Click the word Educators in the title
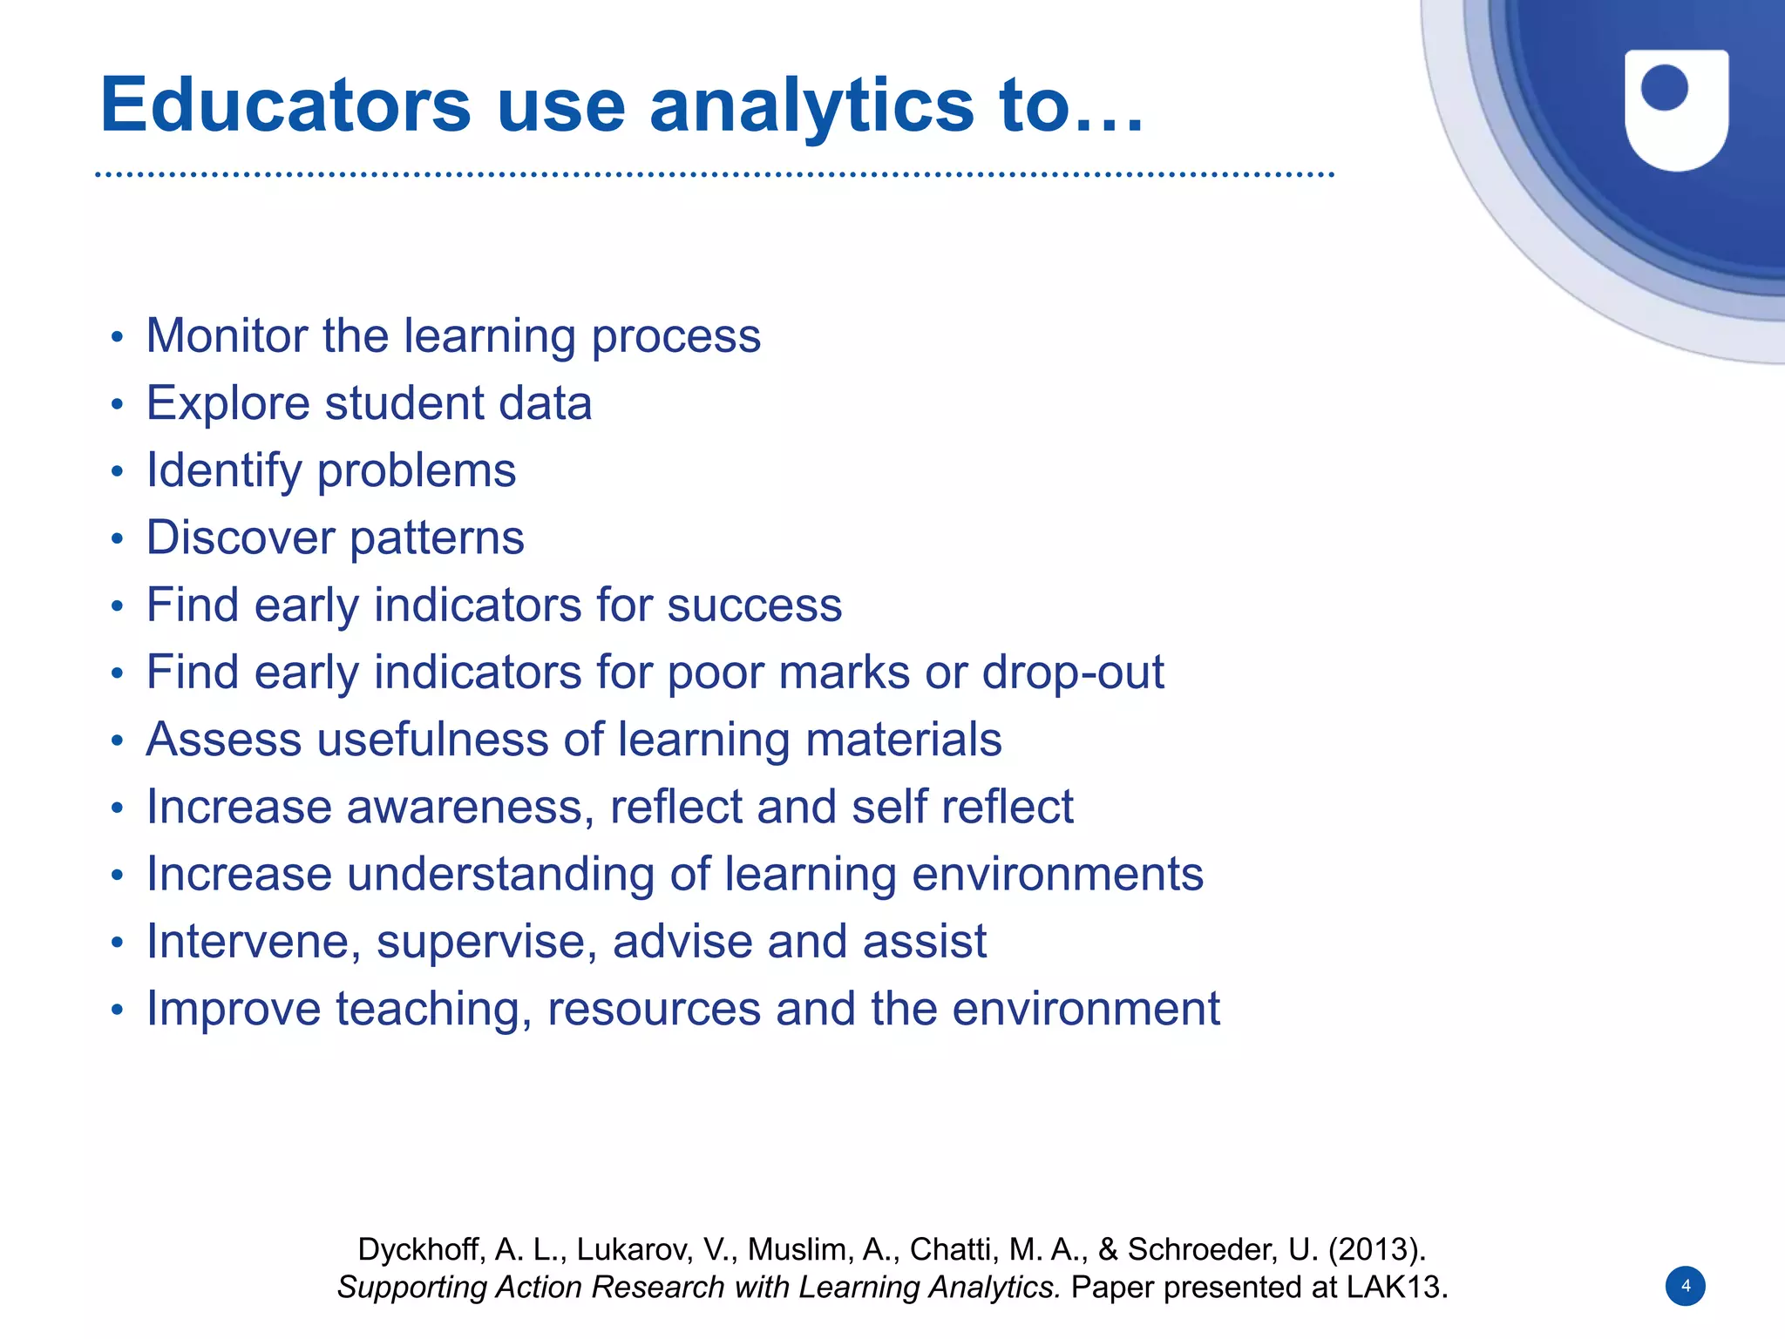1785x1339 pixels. pos(285,105)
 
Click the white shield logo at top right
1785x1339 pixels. pos(1676,109)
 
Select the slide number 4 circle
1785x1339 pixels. pos(1685,1286)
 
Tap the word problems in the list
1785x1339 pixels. pos(416,471)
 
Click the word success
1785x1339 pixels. pos(754,605)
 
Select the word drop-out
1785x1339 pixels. pos(1072,673)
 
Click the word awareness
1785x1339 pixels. pos(471,807)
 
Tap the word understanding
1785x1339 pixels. pos(500,875)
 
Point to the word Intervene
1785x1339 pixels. pos(254,942)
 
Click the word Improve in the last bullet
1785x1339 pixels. pos(234,1009)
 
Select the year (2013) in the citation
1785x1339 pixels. pos(1376,1249)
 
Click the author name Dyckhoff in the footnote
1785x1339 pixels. pos(417,1249)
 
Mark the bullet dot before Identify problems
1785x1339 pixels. pos(118,472)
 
